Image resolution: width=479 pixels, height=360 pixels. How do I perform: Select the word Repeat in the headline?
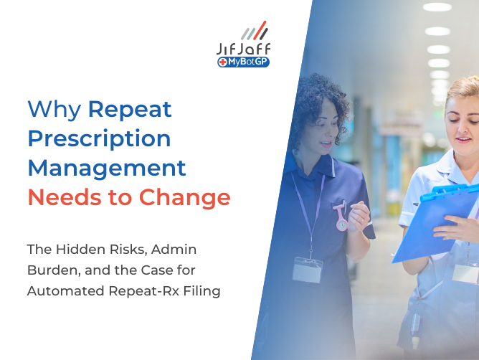130,109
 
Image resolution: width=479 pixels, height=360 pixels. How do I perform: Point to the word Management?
106,168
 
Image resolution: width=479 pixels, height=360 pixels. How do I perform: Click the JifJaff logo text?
244,49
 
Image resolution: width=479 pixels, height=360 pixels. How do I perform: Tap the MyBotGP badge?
243,62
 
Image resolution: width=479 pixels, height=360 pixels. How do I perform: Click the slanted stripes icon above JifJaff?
254,32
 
